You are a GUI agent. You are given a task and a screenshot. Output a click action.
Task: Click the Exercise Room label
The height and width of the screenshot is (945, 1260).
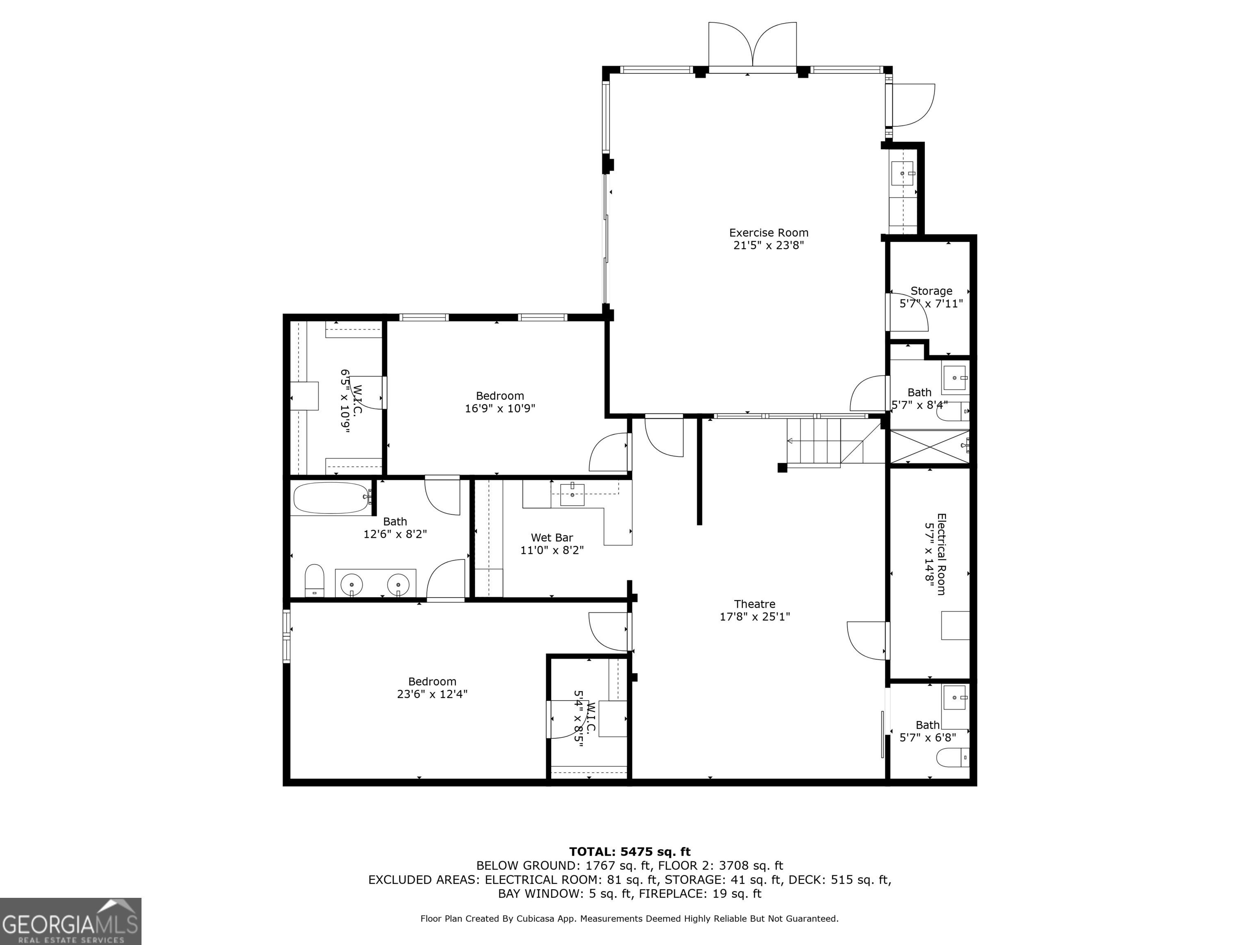coord(768,233)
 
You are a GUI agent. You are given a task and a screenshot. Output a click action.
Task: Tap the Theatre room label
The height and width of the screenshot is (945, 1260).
coord(754,604)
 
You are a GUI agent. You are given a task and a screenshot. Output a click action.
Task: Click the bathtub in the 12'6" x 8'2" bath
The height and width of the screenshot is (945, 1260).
coord(331,498)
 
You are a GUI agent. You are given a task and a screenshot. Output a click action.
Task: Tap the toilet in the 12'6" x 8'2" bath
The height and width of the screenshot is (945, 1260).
coord(315,580)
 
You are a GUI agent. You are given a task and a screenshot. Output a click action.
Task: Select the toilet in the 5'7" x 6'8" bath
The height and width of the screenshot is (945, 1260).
coord(953,757)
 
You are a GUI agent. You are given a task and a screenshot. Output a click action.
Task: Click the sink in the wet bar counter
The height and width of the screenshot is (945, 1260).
coord(572,494)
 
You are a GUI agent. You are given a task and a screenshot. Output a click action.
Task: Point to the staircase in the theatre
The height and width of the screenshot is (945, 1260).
coord(825,443)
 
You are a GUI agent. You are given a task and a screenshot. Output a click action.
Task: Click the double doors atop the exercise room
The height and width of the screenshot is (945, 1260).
coord(753,44)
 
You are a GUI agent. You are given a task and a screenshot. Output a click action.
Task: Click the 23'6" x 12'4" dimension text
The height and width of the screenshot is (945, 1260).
coord(432,694)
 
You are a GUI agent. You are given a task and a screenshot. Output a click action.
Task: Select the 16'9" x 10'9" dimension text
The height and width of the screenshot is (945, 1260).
coord(500,409)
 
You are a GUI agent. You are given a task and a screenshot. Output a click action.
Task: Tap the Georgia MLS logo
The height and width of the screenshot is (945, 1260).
coord(71,921)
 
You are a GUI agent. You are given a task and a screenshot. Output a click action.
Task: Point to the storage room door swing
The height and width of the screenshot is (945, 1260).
coord(908,312)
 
